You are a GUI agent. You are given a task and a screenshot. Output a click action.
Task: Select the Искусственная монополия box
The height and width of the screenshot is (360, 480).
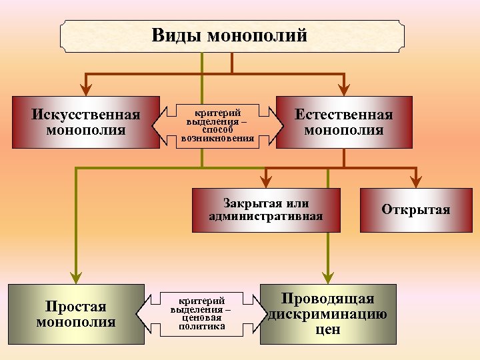[x=86, y=122]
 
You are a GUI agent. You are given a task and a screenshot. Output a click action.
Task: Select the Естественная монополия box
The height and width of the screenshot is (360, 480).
[x=344, y=122]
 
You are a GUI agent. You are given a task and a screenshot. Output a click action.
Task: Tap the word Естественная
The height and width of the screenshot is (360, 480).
[x=344, y=115]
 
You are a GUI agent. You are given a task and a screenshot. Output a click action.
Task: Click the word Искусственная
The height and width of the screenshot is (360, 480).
[x=86, y=115]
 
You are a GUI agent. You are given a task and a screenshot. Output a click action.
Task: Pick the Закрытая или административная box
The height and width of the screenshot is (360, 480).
[x=266, y=210]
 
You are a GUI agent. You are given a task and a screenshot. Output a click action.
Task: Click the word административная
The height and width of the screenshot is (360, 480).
[x=266, y=216]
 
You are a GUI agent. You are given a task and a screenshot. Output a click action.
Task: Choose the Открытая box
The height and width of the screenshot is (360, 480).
[x=416, y=210]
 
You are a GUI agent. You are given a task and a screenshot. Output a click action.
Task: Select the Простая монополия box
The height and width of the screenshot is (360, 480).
[x=76, y=314]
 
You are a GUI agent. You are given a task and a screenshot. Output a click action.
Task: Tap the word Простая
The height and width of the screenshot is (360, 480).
[x=76, y=307]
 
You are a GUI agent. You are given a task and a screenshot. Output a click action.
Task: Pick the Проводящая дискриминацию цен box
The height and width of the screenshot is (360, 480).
[x=328, y=314]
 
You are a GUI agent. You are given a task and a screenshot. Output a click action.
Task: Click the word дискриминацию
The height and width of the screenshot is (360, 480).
[x=328, y=314]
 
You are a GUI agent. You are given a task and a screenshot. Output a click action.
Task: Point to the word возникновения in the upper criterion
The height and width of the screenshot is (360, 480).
[x=217, y=139]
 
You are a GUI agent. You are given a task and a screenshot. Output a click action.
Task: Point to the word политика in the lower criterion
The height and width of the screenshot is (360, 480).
[x=202, y=327]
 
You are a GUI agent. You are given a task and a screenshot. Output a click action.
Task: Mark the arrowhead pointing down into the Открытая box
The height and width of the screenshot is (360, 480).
[x=416, y=183]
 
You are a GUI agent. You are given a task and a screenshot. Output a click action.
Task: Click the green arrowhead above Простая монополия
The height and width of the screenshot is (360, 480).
[x=76, y=279]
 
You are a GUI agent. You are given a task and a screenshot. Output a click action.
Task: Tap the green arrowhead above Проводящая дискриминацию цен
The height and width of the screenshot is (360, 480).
[x=328, y=279]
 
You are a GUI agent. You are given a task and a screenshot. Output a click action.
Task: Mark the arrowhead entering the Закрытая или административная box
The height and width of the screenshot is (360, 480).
[x=266, y=183]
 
